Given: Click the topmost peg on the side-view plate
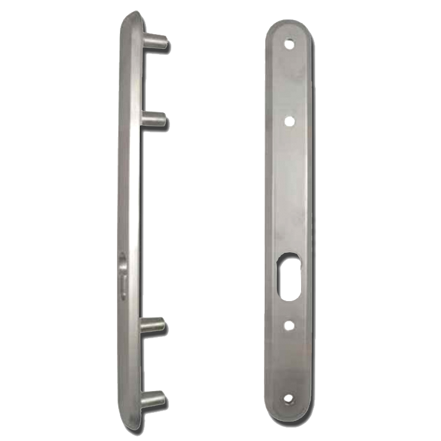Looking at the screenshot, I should (156, 43).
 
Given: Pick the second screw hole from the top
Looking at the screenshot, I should (288, 121).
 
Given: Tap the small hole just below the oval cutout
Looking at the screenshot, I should (288, 324).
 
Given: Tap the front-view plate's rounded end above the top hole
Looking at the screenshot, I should (288, 28).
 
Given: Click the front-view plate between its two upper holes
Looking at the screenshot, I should (288, 82).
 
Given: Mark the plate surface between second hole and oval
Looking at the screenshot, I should (288, 188).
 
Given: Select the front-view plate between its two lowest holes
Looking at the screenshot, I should (288, 362).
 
